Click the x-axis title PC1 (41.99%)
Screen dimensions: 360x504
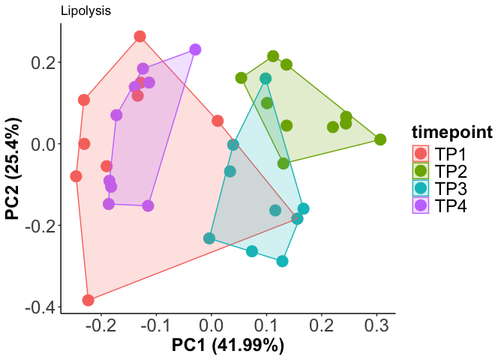pos(228,346)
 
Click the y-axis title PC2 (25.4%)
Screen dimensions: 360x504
pos(13,168)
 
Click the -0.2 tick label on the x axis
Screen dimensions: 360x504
pos(99,327)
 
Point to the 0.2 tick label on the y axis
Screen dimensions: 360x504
pos(42,62)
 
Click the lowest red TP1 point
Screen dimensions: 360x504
pos(88,300)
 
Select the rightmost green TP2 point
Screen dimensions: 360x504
pos(380,139)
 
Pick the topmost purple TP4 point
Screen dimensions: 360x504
pos(195,49)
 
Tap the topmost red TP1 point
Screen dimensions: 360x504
pos(139,37)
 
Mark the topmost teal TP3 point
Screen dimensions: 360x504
pos(265,79)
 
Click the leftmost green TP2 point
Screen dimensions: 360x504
pos(241,78)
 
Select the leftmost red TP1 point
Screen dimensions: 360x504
pos(76,176)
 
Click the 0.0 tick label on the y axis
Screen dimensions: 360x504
pos(42,144)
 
